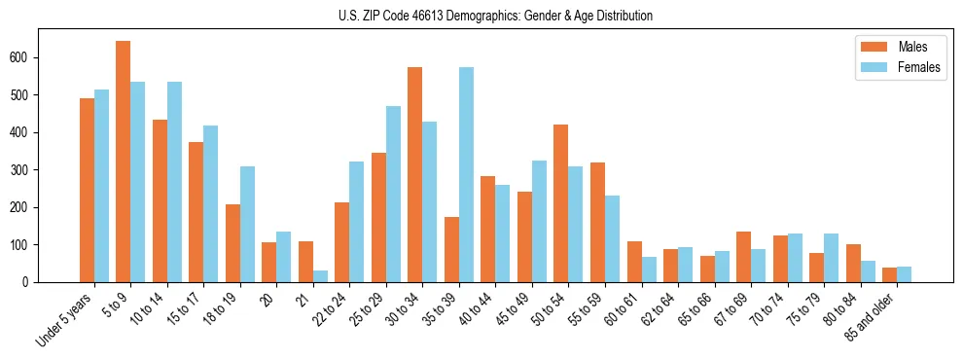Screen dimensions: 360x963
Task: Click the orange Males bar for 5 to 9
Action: [124, 162]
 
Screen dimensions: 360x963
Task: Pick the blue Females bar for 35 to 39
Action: [466, 175]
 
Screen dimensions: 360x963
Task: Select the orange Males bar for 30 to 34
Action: [415, 175]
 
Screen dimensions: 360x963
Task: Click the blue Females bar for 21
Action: [320, 276]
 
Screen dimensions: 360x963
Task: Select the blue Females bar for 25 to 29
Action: [393, 195]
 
